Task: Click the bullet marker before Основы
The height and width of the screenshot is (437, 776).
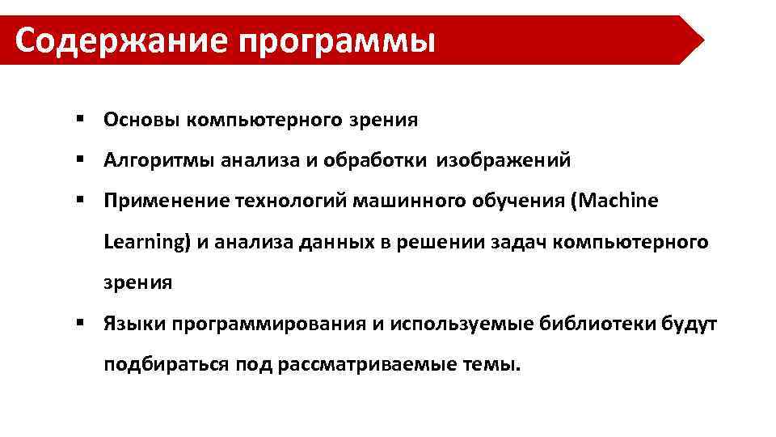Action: pos(82,120)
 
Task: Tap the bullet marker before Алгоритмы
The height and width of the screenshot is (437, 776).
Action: pos(82,159)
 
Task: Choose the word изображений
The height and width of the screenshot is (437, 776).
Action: pos(504,160)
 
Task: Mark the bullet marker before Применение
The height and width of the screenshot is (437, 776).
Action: pos(82,200)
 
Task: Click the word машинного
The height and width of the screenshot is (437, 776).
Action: pos(401,201)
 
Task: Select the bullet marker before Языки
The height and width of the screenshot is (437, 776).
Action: pos(82,323)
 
